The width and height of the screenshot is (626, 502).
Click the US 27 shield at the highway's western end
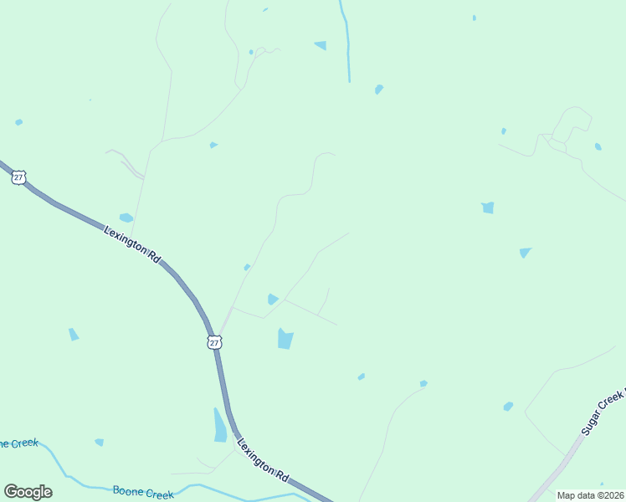19,177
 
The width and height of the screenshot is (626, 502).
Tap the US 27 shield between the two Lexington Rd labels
214,342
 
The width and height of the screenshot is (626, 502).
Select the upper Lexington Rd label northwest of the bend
132,245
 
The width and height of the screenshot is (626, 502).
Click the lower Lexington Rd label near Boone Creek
264,459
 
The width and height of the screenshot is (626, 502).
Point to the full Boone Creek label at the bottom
143,493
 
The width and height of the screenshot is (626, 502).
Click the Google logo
28,492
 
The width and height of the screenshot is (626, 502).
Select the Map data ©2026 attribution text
590,495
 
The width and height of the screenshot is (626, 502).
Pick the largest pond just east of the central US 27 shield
285,338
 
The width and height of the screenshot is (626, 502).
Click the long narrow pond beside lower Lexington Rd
219,425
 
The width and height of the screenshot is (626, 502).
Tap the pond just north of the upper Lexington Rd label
126,218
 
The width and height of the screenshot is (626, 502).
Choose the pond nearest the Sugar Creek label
508,407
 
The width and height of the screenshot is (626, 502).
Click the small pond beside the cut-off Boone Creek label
99,442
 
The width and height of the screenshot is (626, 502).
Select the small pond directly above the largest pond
272,299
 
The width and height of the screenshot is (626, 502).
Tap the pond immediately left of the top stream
321,45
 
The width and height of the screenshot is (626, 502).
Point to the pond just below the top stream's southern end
379,89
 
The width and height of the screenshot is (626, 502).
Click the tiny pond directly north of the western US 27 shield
18,122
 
